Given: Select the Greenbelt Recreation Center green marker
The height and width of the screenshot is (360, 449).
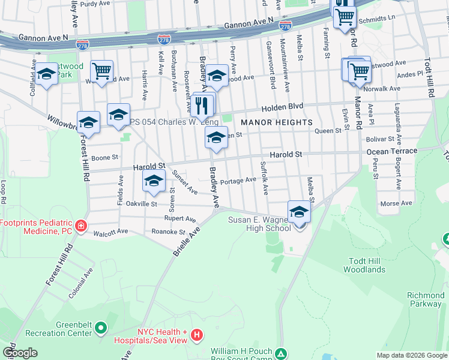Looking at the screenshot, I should tap(100, 329).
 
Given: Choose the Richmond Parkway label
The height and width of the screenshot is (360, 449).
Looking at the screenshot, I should tap(425, 299).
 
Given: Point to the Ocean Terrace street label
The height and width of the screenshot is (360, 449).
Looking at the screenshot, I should tap(391, 151).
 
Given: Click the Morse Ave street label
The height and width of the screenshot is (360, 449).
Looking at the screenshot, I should tap(396, 203).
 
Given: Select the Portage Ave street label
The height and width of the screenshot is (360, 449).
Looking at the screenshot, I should tap(238, 181).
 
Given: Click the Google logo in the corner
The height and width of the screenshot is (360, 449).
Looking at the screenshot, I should tap(20, 353).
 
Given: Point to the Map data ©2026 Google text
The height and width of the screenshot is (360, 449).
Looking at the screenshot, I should tap(411, 355).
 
